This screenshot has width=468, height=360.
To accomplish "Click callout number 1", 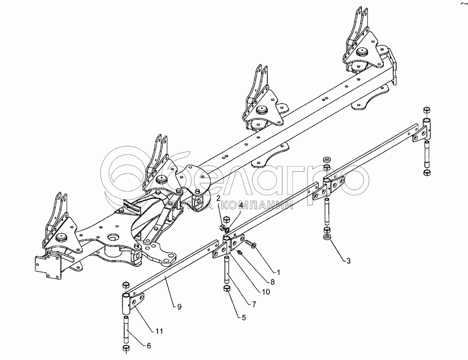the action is tap(279, 272).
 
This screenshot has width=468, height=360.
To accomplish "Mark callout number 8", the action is tap(272, 282).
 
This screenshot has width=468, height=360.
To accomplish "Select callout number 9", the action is tap(179, 307).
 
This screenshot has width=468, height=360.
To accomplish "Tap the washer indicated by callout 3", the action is tap(327, 238).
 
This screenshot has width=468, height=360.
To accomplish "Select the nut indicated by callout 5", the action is tap(227, 289).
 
